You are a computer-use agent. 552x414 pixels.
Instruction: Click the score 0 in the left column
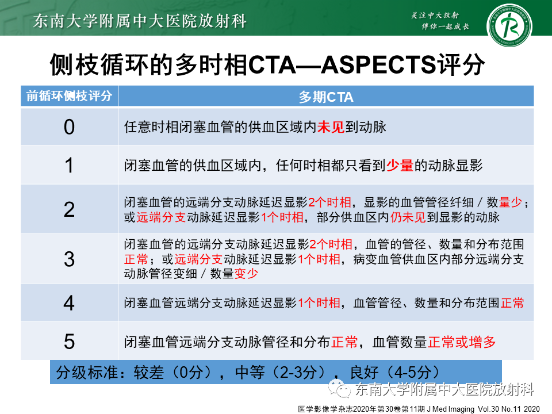pos(69,126)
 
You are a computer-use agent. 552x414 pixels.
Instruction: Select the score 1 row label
pos(69,166)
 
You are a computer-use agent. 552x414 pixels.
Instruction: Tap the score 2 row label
pos(69,209)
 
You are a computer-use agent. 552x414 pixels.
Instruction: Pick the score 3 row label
pos(69,259)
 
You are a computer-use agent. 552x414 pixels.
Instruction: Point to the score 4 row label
pos(69,302)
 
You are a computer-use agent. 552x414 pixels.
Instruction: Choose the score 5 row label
pos(69,342)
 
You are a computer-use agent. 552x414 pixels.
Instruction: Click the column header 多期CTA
pos(325,97)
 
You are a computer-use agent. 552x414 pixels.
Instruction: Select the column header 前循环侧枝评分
pos(69,96)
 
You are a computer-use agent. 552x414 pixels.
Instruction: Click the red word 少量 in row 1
pos(400,166)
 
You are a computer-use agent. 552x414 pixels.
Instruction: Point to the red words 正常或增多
pos(462,342)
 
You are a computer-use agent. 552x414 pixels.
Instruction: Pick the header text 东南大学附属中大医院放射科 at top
pos(140,22)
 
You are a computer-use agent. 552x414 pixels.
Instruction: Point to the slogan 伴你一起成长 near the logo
pos(445,27)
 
